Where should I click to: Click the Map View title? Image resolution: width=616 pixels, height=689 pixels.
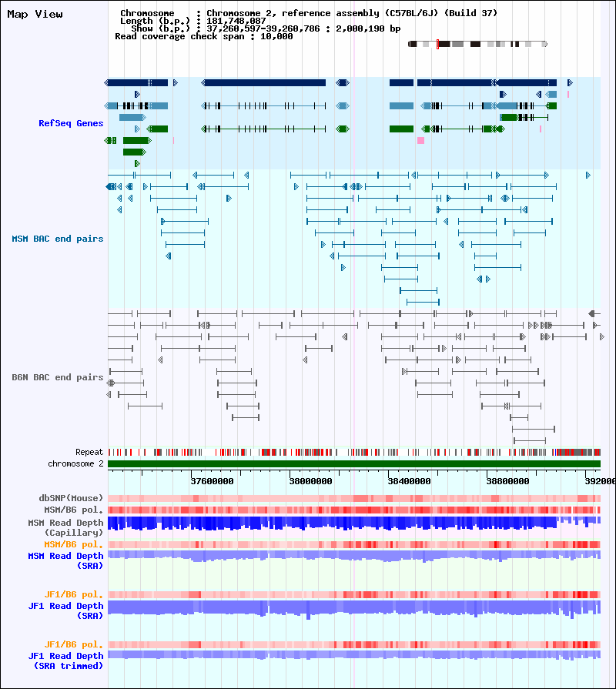tap(35, 14)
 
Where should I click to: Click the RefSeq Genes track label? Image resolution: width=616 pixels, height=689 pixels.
tap(71, 123)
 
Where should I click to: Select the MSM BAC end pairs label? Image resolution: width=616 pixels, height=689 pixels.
tap(57, 239)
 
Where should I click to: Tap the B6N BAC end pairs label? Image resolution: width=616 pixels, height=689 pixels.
tap(57, 377)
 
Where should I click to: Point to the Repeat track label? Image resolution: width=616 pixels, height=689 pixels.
tap(89, 452)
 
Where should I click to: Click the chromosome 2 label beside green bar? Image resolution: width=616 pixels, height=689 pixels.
tap(75, 463)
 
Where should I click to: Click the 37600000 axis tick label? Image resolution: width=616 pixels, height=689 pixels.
tap(212, 481)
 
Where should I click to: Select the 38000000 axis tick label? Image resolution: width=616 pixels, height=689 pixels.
tap(310, 481)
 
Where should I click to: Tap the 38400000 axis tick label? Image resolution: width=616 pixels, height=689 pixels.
tap(409, 481)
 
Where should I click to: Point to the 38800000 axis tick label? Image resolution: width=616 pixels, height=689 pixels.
tap(507, 481)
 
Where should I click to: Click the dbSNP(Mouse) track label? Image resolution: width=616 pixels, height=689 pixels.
tap(71, 498)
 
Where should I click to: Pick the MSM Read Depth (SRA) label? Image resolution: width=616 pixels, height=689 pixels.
tap(65, 560)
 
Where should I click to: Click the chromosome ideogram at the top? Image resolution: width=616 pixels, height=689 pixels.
tap(477, 45)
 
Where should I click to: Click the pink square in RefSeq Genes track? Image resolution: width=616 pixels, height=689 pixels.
tap(420, 141)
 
